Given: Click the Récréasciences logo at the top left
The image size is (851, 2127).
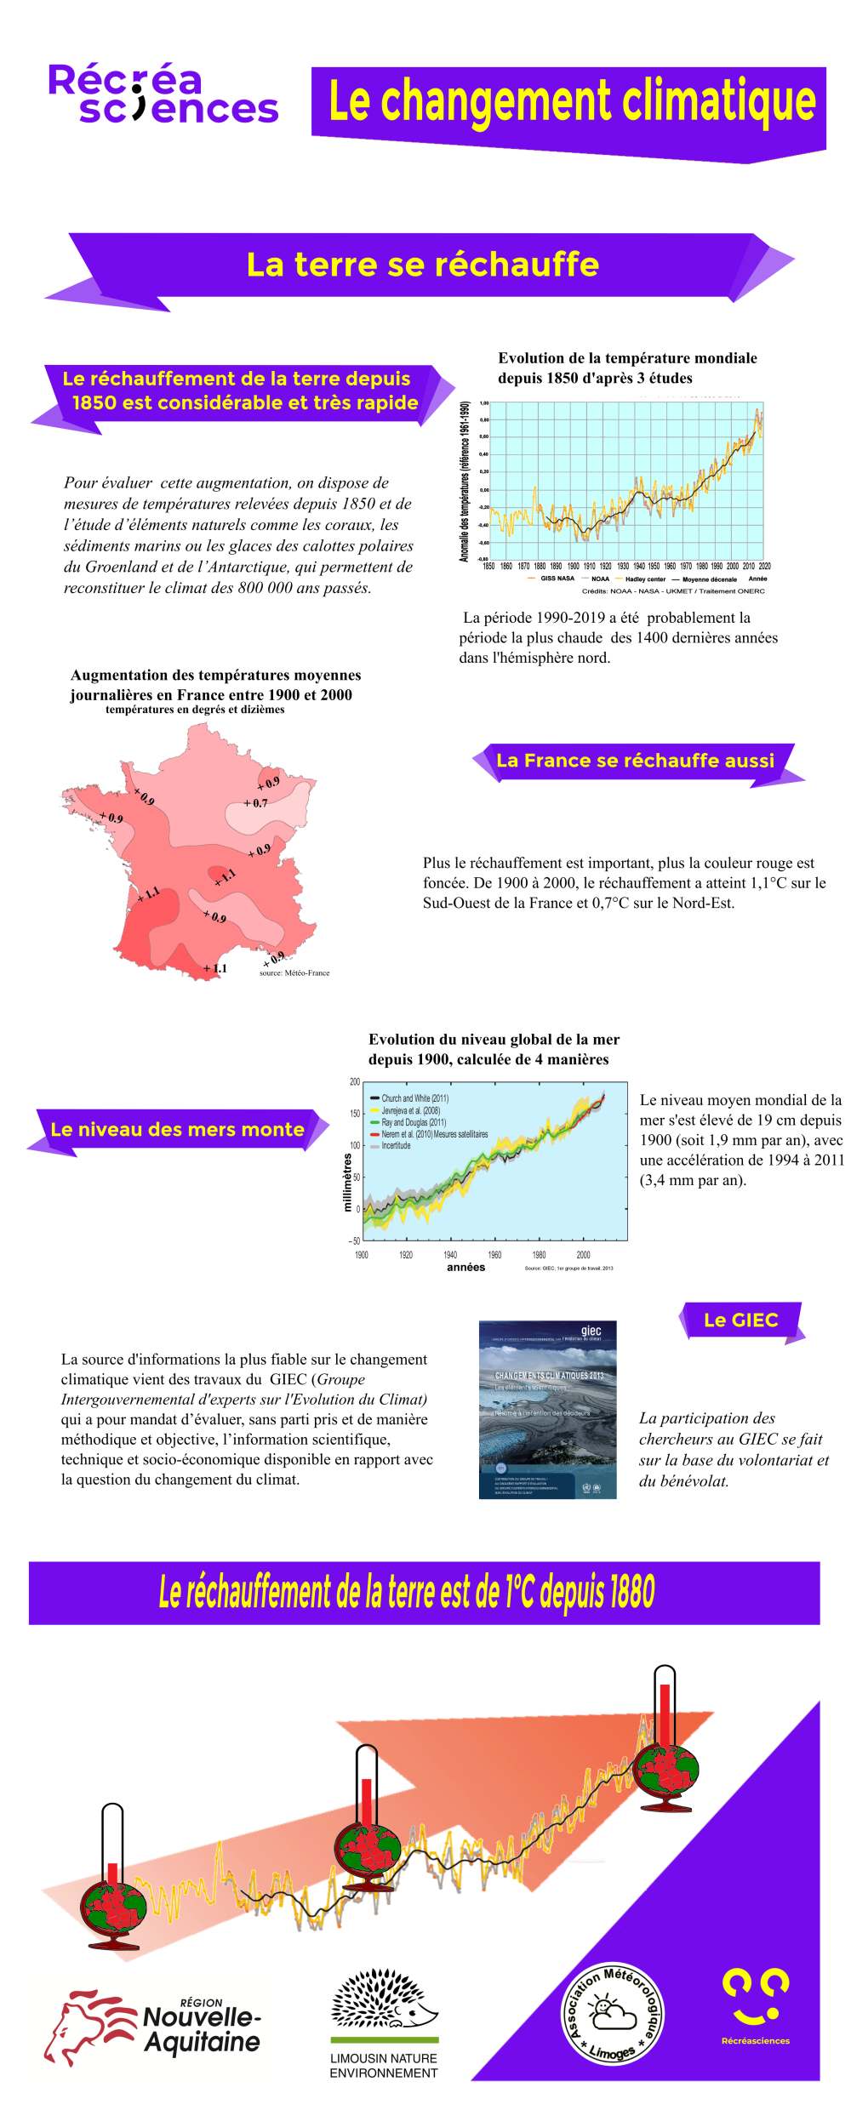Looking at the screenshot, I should [163, 94].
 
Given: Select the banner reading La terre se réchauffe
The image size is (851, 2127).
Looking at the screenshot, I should [422, 265].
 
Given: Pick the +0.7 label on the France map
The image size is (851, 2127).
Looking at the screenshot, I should [256, 803].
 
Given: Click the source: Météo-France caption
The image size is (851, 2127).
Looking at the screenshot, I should [294, 972].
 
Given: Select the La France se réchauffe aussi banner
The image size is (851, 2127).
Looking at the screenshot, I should [635, 761].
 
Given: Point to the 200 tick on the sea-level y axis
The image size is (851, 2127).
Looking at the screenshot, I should [355, 1081].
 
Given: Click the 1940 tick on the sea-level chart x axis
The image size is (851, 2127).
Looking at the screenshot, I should [450, 1255].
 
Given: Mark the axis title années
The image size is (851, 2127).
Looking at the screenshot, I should [465, 1267].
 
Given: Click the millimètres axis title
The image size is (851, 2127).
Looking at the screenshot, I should [347, 1182].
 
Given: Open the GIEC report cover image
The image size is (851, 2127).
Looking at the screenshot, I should [547, 1409].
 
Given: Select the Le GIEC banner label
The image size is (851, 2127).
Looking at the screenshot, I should [740, 1320].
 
